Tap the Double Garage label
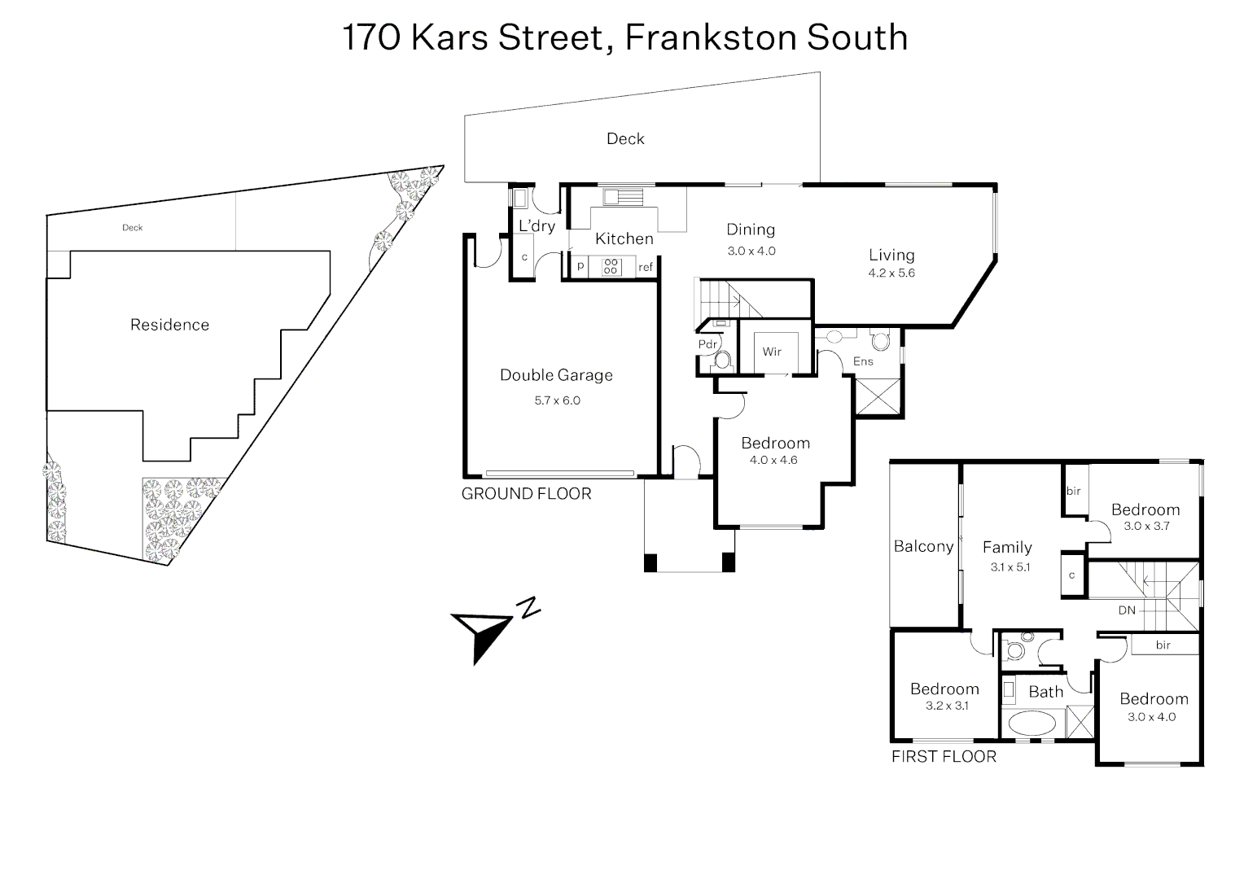click(x=557, y=375)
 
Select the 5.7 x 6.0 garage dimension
click(x=557, y=400)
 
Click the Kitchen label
click(x=624, y=238)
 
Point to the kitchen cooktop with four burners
click(x=611, y=267)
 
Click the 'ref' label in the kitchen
click(x=646, y=267)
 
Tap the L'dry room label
click(x=537, y=226)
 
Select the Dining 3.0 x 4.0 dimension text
click(x=751, y=251)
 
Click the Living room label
click(x=891, y=256)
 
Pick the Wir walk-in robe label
click(x=772, y=352)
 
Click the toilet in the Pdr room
click(x=721, y=360)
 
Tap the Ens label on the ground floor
click(x=863, y=361)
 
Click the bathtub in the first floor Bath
click(x=1032, y=724)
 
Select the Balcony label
click(x=923, y=546)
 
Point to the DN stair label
click(x=1127, y=610)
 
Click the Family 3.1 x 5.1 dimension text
click(x=1010, y=567)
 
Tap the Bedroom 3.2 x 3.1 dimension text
click(x=947, y=706)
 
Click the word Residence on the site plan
click(x=170, y=325)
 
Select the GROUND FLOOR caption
click(x=527, y=494)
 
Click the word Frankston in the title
click(x=712, y=37)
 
